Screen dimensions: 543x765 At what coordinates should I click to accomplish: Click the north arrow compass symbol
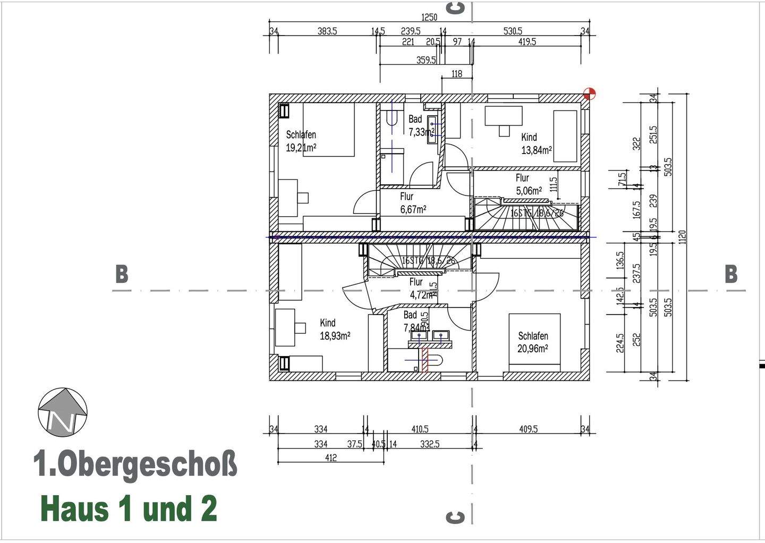pos(63,412)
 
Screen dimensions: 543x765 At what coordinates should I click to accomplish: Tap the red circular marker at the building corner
pos(589,94)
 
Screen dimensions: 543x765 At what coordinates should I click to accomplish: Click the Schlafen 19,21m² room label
pos(301,141)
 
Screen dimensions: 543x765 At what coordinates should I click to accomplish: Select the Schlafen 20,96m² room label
pos(533,342)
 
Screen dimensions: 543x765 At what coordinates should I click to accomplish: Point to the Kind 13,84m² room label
pos(536,144)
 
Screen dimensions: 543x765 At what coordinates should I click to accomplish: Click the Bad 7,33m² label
pos(420,125)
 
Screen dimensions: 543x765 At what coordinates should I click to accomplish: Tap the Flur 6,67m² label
pos(413,203)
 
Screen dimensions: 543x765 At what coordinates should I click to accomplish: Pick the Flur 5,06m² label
pos(529,184)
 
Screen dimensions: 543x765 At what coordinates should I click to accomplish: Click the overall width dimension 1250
pos(429,18)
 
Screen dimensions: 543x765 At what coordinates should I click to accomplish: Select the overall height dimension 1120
pos(683,237)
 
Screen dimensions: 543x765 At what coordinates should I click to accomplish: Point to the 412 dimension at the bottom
pos(330,457)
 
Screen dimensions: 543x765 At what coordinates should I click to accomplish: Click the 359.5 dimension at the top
pos(426,60)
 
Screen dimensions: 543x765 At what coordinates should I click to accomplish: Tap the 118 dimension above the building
pos(457,74)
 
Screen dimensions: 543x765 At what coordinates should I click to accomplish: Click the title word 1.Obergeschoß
pos(135,464)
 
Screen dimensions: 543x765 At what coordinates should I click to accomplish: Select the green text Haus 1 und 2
pos(129,508)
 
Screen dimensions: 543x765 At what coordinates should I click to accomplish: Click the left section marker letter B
pos(122,274)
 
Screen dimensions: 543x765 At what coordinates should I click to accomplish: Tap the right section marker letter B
pos(731,274)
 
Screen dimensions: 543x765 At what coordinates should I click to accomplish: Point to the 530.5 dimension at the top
pos(513,31)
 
